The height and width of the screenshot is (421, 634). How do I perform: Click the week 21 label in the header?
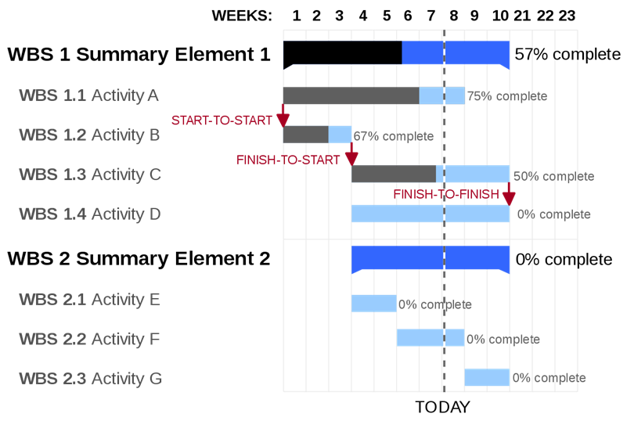click(x=522, y=16)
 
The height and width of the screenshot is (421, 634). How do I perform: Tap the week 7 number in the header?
click(x=431, y=16)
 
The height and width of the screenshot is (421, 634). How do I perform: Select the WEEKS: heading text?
click(x=242, y=16)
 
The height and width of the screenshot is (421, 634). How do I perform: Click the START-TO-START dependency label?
click(x=222, y=121)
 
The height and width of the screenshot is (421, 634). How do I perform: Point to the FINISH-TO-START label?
click(x=288, y=160)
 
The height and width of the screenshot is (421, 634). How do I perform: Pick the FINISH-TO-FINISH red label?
click(x=446, y=195)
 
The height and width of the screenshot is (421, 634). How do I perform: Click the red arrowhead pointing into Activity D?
click(x=509, y=199)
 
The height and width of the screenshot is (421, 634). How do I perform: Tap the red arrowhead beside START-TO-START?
click(x=283, y=120)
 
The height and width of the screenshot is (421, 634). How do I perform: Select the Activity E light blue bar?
click(x=374, y=304)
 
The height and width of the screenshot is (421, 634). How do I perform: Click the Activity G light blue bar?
click(x=487, y=377)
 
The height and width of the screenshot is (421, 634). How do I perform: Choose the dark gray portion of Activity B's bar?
click(x=306, y=135)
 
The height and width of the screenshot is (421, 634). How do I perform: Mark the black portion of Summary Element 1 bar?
click(x=343, y=53)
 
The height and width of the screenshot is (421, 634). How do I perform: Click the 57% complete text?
click(x=567, y=54)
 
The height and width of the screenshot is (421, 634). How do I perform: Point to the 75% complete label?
click(x=507, y=96)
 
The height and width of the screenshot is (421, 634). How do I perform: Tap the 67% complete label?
click(x=394, y=136)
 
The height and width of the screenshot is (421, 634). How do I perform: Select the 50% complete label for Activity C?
click(x=554, y=176)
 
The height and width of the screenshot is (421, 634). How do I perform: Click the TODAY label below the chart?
click(x=443, y=407)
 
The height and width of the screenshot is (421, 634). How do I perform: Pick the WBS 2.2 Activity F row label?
click(x=89, y=340)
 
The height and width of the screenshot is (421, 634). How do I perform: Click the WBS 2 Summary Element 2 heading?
click(x=139, y=258)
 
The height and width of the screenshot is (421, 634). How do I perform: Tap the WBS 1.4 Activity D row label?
click(x=90, y=214)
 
